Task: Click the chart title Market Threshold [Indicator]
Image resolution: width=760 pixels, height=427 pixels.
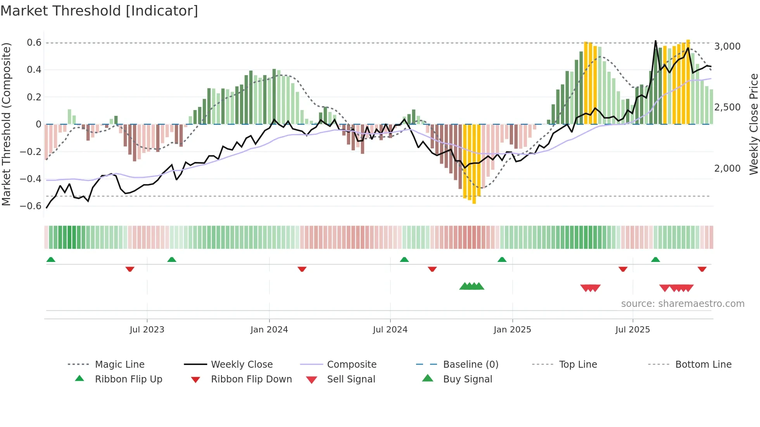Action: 99,11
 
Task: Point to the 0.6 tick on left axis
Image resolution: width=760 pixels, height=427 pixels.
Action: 34,43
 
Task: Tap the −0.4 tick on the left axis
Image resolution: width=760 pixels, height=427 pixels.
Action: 31,179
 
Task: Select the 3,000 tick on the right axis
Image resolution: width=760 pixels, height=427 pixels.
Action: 727,46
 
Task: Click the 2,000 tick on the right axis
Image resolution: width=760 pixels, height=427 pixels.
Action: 727,169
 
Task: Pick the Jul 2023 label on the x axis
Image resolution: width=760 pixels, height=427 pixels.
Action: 147,330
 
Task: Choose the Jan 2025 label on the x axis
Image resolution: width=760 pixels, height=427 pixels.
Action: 512,330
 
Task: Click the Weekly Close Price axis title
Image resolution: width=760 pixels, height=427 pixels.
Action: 753,124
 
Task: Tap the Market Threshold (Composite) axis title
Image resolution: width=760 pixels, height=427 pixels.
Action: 6,124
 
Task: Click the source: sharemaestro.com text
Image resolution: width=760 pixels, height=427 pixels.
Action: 682,304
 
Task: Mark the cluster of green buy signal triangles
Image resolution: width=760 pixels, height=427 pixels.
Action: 472,286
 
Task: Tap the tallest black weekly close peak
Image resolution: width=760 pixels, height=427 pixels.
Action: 656,41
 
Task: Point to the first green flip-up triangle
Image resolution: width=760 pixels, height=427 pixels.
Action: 51,260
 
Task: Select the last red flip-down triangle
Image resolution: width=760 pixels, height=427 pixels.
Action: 702,269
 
